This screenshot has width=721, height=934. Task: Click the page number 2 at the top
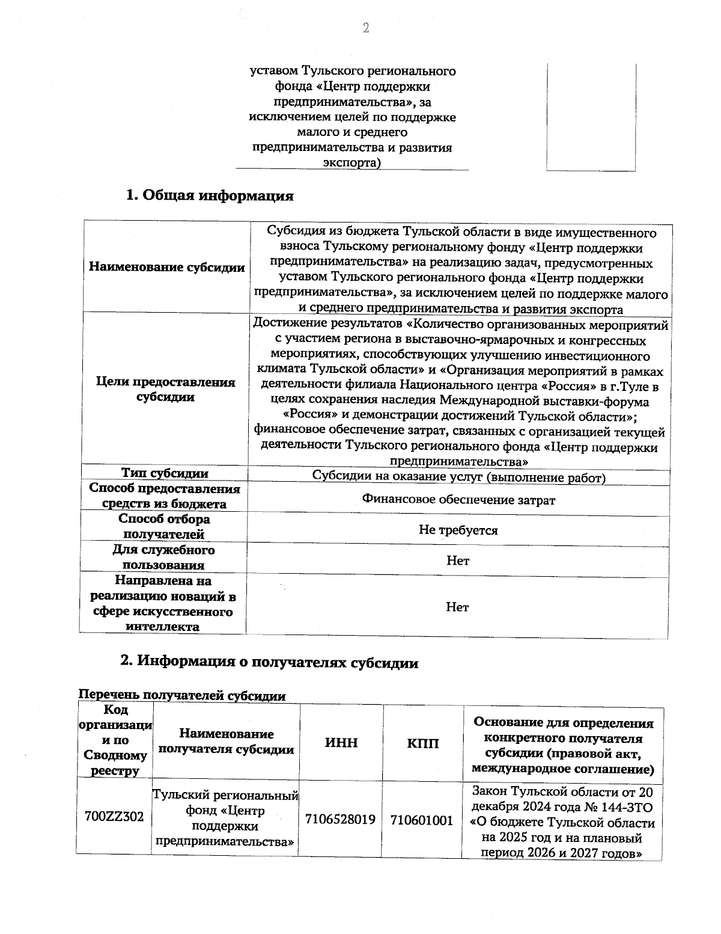click(365, 28)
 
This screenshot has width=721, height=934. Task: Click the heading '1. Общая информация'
click(209, 195)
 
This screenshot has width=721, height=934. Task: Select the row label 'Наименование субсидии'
click(166, 268)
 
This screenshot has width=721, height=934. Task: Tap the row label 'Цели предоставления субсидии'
click(166, 390)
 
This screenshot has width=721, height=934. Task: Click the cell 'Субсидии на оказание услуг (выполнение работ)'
click(458, 478)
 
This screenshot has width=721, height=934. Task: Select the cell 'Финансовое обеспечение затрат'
click(458, 500)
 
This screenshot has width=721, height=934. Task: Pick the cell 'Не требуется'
click(458, 530)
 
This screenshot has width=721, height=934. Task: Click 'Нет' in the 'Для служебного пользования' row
click(458, 561)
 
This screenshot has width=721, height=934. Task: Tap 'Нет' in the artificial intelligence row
click(457, 607)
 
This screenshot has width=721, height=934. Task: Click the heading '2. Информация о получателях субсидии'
click(269, 662)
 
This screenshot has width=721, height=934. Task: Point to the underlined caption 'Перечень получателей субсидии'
click(183, 696)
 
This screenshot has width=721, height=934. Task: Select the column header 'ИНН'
click(341, 743)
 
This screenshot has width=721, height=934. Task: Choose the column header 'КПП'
click(422, 743)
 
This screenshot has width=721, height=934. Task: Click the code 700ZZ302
click(114, 817)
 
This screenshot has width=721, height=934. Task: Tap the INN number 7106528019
click(341, 819)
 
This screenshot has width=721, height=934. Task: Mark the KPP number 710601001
click(422, 820)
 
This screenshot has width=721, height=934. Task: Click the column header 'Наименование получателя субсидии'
click(226, 742)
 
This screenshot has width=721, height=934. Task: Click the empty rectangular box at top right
click(591, 117)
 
